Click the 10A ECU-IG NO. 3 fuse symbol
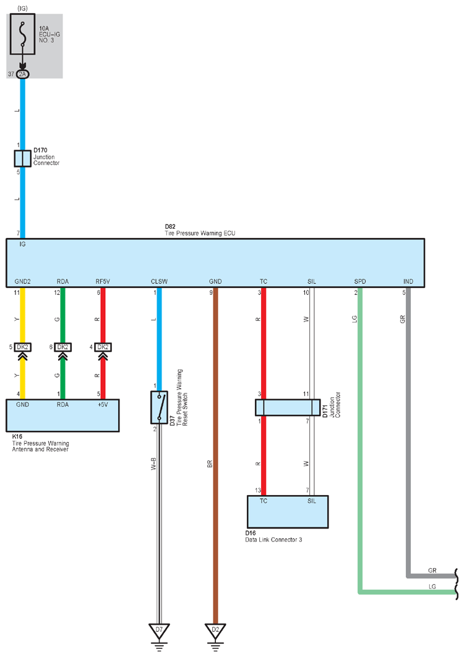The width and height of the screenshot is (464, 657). coord(23,34)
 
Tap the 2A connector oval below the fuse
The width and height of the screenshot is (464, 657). coord(23,74)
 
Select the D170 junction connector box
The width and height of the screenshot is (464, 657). coord(23,158)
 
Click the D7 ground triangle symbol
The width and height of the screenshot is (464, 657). coord(159,630)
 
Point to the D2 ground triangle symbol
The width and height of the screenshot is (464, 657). coord(215,630)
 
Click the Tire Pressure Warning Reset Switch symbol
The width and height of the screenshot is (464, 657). coord(159,407)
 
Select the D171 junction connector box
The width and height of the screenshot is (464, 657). coord(288,407)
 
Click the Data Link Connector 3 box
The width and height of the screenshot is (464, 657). coord(288,512)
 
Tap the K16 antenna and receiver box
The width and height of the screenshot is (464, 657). coord(62,415)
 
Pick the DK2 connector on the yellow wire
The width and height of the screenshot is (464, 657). coord(23,347)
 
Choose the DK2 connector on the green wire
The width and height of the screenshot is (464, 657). coord(62,347)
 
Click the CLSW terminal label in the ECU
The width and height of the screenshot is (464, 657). coord(159,282)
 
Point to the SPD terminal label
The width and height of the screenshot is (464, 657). coord(360,282)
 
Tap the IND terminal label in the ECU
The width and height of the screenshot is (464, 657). coord(408,282)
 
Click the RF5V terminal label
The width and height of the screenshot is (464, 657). coord(103,282)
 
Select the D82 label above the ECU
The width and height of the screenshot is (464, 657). coord(170,227)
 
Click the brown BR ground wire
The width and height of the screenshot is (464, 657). coord(215,456)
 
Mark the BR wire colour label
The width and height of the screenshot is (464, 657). coord(209,464)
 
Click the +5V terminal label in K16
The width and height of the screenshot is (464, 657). coord(103,405)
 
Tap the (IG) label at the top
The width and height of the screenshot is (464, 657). coord(23,9)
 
